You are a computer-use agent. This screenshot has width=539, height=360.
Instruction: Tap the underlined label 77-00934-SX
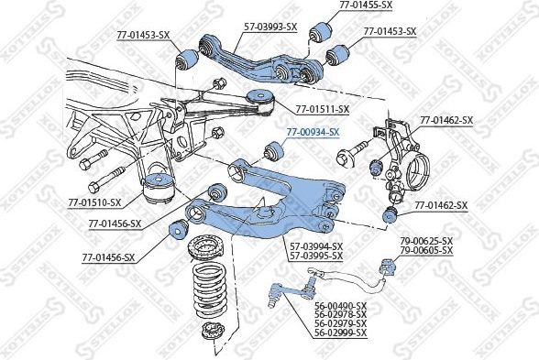[312, 132]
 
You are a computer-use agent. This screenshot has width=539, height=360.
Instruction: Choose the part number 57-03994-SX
[316, 245]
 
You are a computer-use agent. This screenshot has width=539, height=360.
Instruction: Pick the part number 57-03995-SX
[316, 255]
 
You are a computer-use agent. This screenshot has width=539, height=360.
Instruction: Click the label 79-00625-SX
[426, 240]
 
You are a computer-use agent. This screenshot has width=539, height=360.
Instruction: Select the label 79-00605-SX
[426, 249]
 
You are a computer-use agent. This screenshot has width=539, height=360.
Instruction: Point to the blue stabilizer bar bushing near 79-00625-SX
[386, 267]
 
